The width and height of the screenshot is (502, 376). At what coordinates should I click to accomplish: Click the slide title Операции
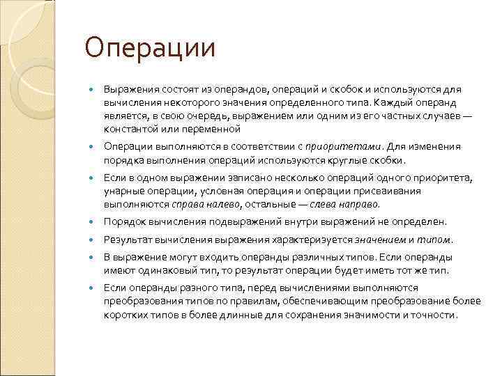click(x=149, y=49)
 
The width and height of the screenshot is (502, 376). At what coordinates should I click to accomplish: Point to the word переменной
click(x=215, y=129)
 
